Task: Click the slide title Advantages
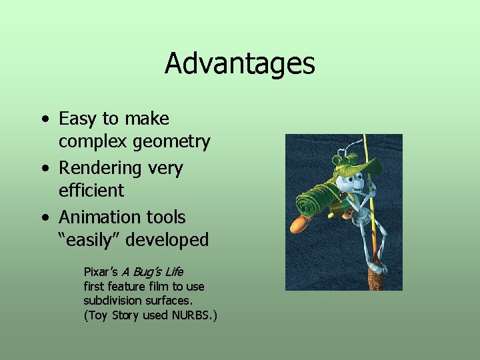click(239, 64)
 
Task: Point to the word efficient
click(91, 191)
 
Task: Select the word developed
click(170, 240)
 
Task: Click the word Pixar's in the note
click(100, 272)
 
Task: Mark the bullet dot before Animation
click(44, 218)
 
